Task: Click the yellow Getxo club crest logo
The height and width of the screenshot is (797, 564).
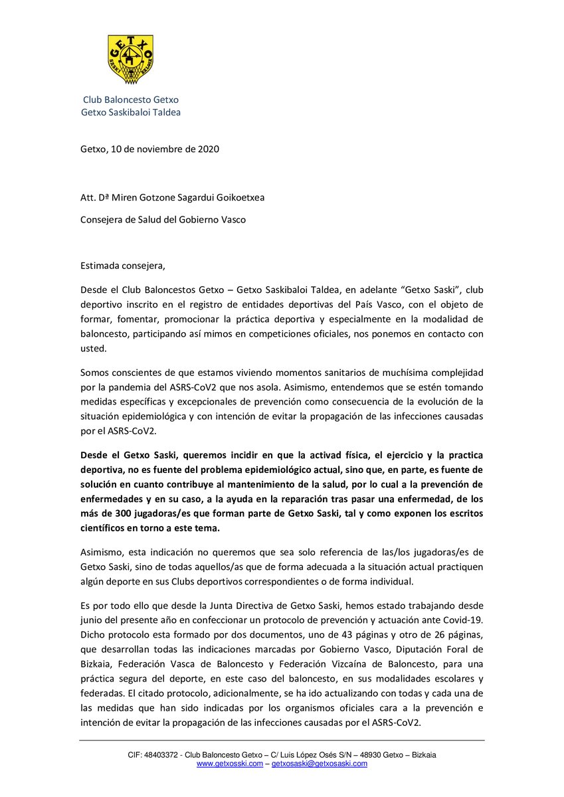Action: click(x=130, y=60)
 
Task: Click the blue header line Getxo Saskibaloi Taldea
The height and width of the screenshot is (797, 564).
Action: click(x=130, y=112)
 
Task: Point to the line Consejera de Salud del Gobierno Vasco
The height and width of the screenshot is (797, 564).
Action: click(x=163, y=219)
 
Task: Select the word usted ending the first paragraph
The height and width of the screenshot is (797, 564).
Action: click(x=92, y=349)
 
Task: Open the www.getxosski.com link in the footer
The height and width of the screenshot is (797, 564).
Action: click(x=230, y=764)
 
